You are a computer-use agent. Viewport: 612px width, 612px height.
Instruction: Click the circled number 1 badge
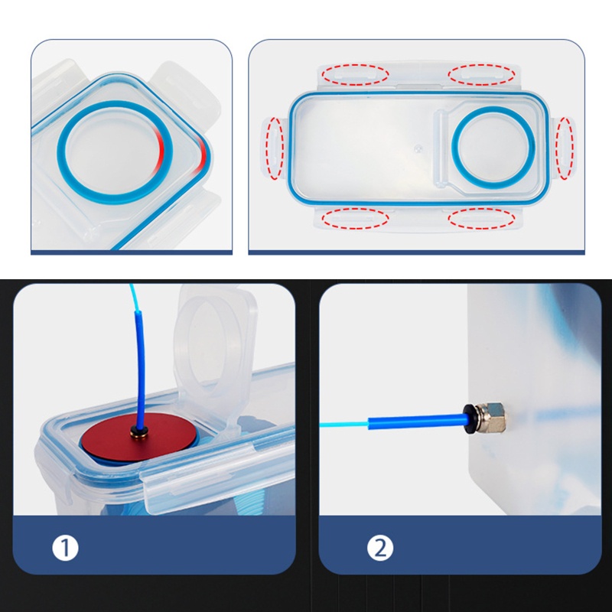pos(67,548)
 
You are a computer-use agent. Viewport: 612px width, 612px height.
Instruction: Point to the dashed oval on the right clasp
pos(565,148)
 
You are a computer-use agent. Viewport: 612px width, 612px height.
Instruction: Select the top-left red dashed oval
pos(355,75)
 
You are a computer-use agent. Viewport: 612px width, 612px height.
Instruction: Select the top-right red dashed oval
pos(480,75)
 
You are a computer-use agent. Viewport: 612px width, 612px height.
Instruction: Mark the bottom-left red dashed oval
pos(355,219)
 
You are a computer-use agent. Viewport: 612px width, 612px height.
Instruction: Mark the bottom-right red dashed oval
pos(480,219)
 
